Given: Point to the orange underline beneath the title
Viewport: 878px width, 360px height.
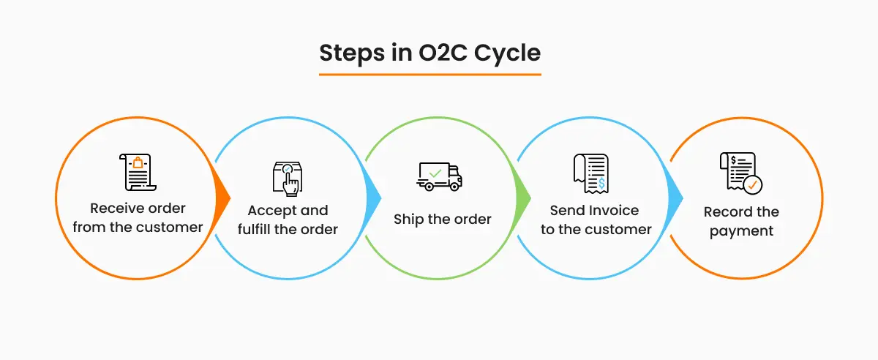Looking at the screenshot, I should click(429, 74).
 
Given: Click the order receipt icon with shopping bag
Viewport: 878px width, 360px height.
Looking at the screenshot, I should click(138, 173).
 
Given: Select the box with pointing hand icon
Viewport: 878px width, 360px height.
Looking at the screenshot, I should click(288, 179).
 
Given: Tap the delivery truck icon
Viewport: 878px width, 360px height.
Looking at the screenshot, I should click(440, 176).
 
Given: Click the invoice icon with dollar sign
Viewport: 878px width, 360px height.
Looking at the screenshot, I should click(590, 175).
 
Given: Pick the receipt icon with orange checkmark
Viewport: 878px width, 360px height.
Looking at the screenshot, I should click(740, 173).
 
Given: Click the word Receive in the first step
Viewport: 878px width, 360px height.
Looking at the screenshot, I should click(114, 209).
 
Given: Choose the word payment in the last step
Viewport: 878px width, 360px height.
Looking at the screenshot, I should click(742, 231).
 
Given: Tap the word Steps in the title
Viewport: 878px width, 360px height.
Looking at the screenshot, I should click(346, 53).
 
